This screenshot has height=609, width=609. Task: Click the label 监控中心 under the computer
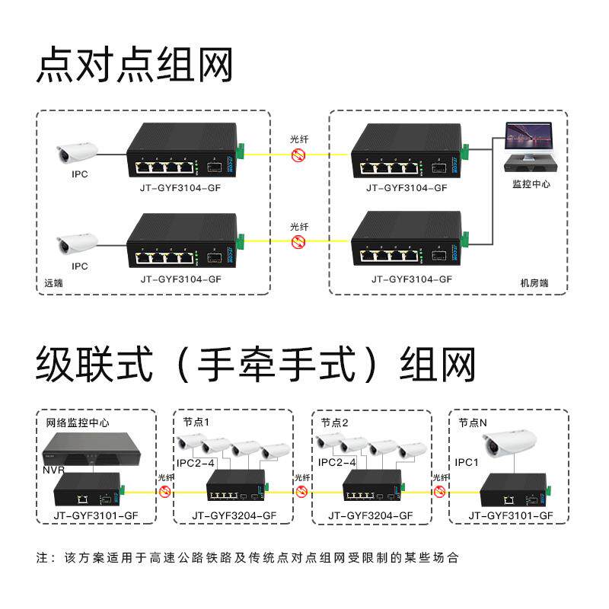531,184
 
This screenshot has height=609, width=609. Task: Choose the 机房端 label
534,283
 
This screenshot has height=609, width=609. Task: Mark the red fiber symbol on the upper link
299,156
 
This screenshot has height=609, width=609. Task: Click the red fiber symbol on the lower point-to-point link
299,244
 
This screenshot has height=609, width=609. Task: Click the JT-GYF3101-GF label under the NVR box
94,515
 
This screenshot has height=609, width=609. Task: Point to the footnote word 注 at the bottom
43,558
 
